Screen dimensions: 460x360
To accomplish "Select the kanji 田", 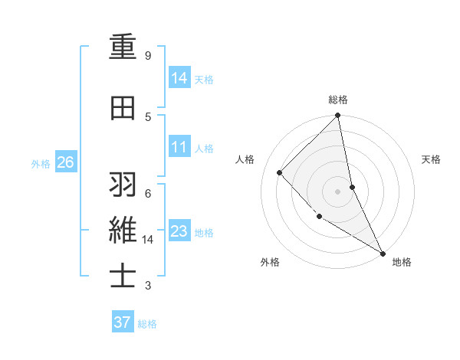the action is tap(122, 108).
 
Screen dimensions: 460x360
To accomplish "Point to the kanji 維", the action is tap(122, 230).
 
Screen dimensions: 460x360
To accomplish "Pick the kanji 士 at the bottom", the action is tap(122, 276).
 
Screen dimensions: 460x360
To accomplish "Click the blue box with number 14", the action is tap(179, 78).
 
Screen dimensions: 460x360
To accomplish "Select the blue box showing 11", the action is tap(179, 147).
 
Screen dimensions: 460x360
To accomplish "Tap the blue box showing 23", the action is tap(179, 231).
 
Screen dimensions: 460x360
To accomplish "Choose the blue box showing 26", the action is tap(65, 162).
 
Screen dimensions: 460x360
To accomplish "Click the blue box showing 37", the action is tap(122, 322).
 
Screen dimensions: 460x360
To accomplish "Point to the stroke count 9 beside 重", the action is tap(148, 56).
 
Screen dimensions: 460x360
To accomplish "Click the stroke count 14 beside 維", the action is tap(148, 240).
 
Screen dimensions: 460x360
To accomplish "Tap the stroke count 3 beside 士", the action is tap(148, 286).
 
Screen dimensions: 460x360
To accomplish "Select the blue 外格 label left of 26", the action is tap(41, 163).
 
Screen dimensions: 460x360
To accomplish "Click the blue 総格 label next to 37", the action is tap(147, 323).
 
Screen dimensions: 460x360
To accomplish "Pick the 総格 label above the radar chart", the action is tap(338, 100).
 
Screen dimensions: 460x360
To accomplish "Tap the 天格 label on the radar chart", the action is tap(431, 159).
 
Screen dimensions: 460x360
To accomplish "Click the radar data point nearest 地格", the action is tap(382, 253).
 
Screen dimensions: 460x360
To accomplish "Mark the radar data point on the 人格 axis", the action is tap(280, 172).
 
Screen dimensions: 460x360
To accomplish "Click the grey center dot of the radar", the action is tap(338, 191).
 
